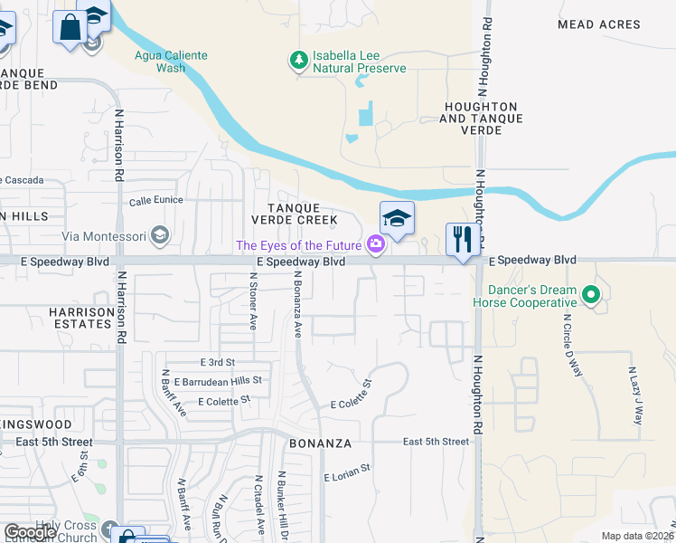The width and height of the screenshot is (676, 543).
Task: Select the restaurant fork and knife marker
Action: point(462,241)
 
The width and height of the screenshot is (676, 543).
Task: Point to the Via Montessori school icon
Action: point(160,237)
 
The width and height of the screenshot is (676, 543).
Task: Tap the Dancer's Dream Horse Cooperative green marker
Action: point(591,295)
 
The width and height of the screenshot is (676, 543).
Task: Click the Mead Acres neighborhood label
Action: point(598,24)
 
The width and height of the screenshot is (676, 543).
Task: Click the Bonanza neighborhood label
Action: point(313,444)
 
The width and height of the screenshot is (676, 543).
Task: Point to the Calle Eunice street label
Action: point(156,201)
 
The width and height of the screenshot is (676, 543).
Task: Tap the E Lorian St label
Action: point(347,472)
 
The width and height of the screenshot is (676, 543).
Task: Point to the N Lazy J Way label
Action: point(635,395)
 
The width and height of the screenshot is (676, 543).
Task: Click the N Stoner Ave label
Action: point(252,305)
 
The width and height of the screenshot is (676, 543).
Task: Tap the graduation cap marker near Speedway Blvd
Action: point(397,218)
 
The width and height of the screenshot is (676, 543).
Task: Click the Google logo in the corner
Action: point(29,533)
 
